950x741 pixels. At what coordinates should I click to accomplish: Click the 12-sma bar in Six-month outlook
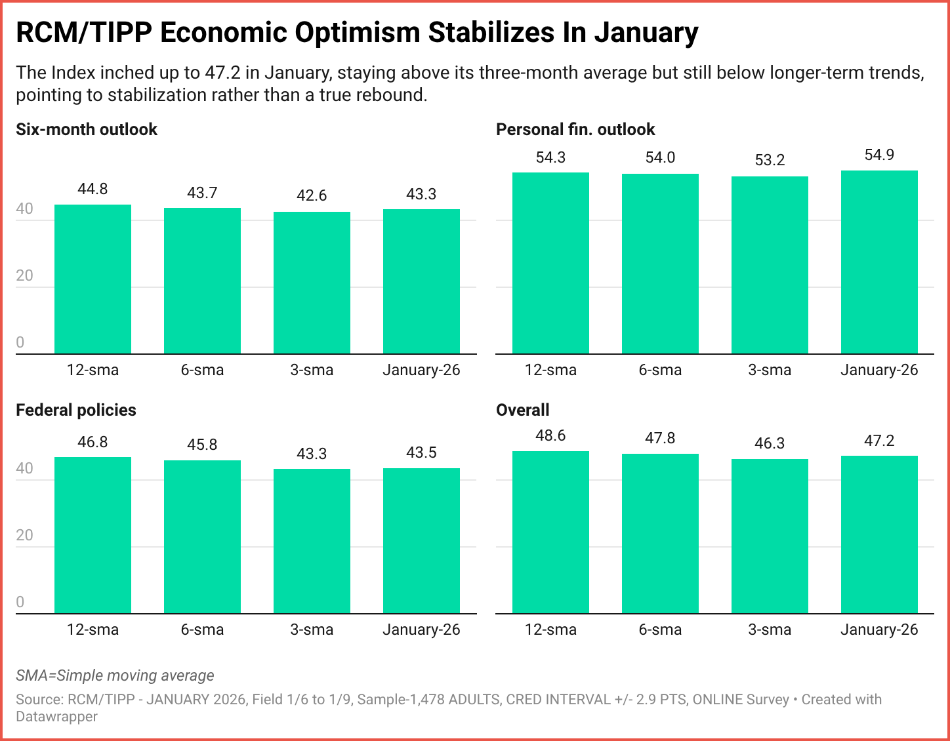pos(93,279)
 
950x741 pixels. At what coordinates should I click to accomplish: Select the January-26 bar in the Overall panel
pos(879,534)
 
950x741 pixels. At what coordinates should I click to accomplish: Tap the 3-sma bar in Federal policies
pos(312,541)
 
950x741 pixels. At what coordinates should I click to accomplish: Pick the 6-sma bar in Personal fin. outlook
pos(660,264)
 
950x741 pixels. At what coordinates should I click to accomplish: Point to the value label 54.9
pos(879,155)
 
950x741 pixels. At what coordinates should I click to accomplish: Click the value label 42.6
pos(312,195)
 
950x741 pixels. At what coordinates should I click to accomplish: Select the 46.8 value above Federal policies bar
pos(93,442)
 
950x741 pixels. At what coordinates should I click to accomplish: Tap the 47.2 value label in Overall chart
pos(879,441)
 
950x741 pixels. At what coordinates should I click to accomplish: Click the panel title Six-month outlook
pos(87,129)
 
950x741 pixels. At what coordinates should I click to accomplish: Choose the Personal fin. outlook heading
pos(575,129)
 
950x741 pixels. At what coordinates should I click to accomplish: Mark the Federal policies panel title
pos(76,410)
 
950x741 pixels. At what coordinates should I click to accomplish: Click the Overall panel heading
pos(523,410)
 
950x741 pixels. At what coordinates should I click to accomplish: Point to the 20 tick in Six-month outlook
pos(24,275)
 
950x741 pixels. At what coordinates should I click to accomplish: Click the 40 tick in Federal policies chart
pos(24,468)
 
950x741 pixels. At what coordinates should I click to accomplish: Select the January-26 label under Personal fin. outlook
pos(879,370)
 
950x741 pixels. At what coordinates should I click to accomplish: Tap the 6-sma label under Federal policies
pos(202,630)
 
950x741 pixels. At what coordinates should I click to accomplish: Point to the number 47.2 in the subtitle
pos(222,72)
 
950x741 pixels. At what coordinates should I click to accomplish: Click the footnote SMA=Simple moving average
pos(115,675)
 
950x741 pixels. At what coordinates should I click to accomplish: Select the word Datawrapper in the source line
pos(56,717)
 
